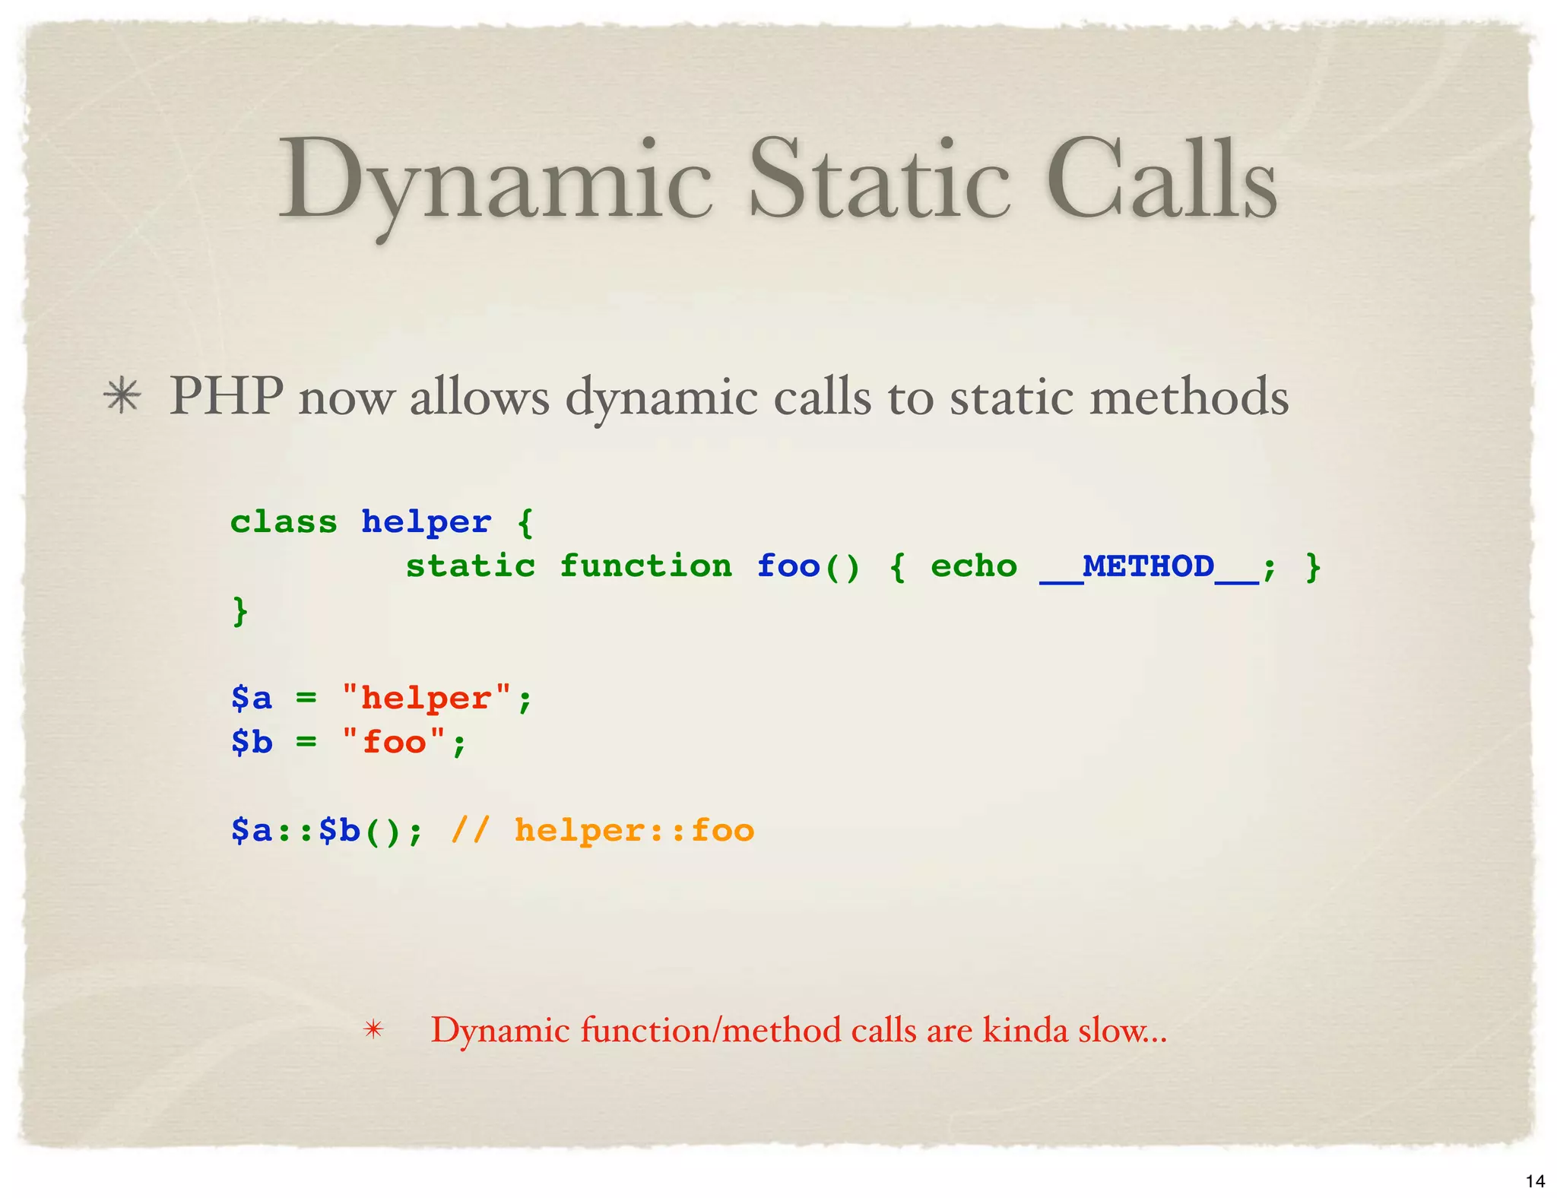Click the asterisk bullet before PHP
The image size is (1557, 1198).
coord(122,397)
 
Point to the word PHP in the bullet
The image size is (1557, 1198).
coord(226,397)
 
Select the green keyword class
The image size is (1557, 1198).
coord(284,522)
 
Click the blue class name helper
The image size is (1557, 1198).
coord(426,522)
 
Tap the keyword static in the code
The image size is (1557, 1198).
coord(470,566)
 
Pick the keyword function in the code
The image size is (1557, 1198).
coord(645,566)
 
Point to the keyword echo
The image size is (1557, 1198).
coord(973,566)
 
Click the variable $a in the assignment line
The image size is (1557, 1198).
coord(252,698)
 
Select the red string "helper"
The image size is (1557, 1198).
coord(426,698)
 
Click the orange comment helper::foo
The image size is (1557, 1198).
coord(633,830)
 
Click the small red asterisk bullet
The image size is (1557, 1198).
coord(373,1030)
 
